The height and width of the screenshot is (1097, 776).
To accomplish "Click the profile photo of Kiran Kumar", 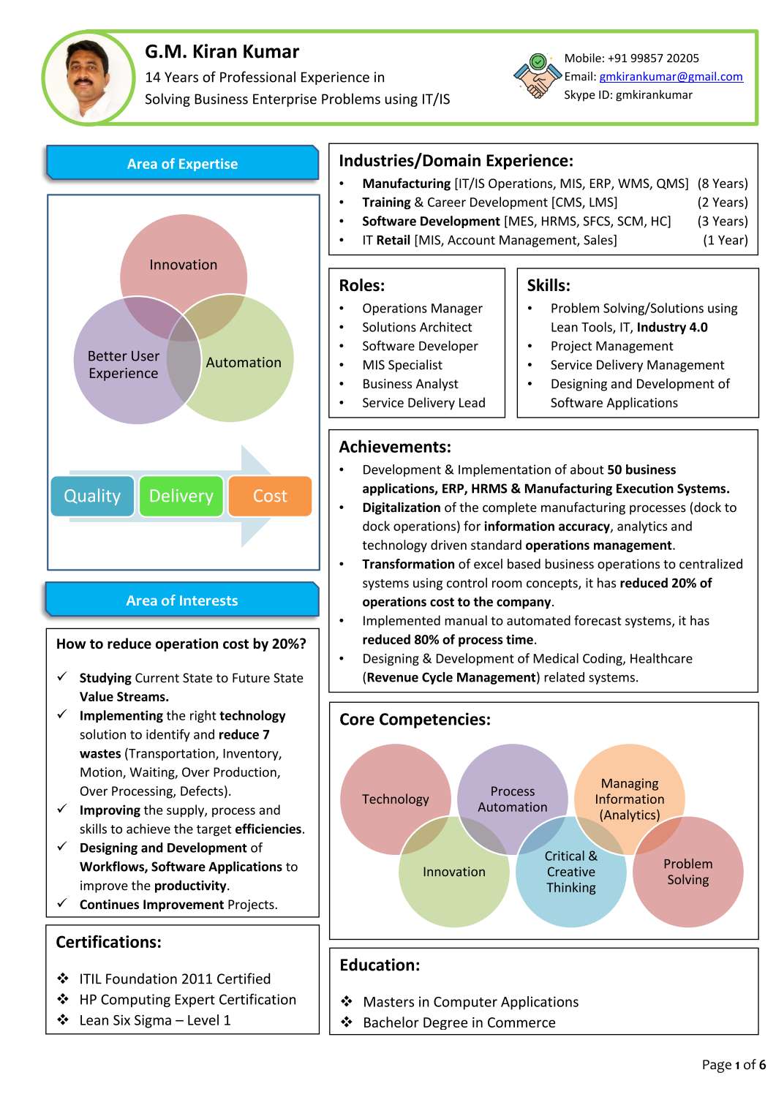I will pyautogui.click(x=88, y=78).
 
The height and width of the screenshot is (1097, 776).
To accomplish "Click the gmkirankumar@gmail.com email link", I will pyautogui.click(x=671, y=77).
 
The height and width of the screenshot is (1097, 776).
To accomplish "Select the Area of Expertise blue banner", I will pyautogui.click(x=182, y=164).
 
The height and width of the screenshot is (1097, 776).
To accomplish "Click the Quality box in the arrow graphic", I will pyautogui.click(x=92, y=496).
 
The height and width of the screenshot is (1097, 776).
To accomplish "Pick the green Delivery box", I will pyautogui.click(x=181, y=496).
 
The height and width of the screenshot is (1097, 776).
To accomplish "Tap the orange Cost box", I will pyautogui.click(x=270, y=496).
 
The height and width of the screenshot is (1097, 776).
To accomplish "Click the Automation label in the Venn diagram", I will pyautogui.click(x=244, y=363).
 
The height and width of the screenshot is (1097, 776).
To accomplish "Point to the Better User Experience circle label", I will pyautogui.click(x=123, y=364).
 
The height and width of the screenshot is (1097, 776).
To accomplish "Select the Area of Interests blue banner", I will pyautogui.click(x=182, y=600).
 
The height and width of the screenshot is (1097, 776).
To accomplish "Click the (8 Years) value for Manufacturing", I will pyautogui.click(x=723, y=184).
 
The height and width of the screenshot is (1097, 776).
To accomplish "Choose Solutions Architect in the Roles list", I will pyautogui.click(x=417, y=327).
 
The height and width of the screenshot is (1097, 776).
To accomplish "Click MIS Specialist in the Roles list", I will pyautogui.click(x=402, y=365).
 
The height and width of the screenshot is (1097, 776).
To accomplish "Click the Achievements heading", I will pyautogui.click(x=395, y=447).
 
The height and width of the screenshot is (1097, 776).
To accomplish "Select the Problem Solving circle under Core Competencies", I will pyautogui.click(x=688, y=872).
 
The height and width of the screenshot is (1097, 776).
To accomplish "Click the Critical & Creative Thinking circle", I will pyautogui.click(x=570, y=872).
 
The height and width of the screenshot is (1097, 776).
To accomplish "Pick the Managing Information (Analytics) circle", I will pyautogui.click(x=629, y=799).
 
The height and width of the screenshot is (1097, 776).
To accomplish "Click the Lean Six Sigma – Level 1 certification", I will pyautogui.click(x=155, y=1020).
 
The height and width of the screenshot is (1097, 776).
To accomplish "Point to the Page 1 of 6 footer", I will pyautogui.click(x=733, y=1065).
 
